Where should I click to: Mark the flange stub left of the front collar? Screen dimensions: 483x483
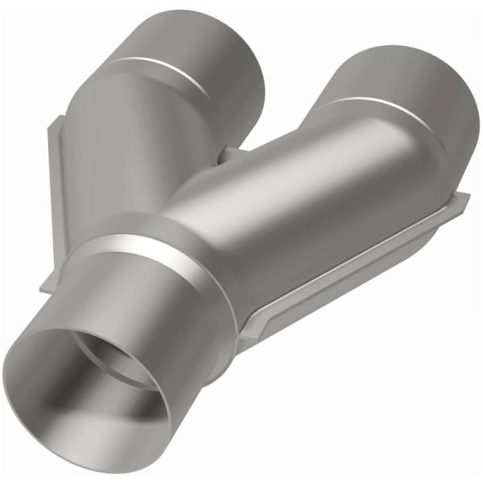click(x=48, y=278)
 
